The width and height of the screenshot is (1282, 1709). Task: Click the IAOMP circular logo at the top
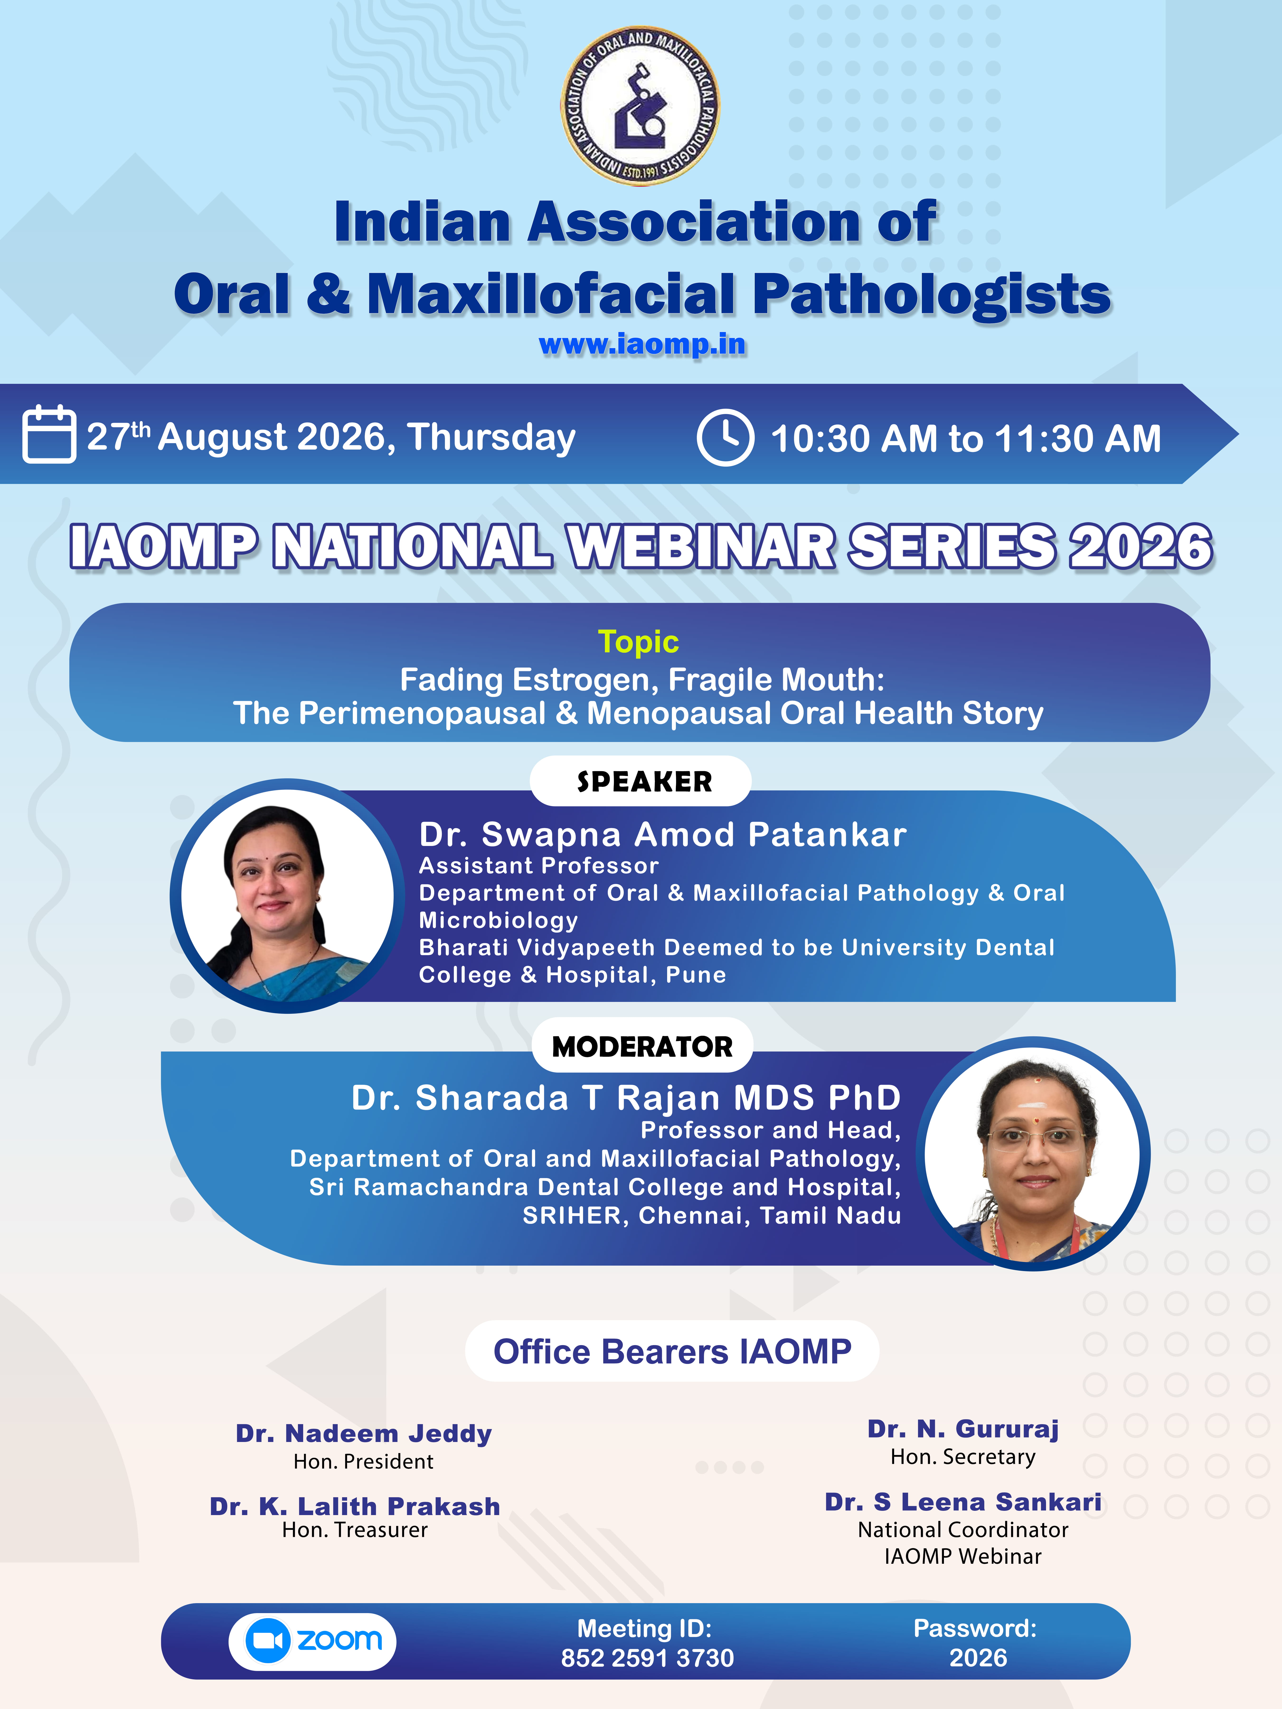pyautogui.click(x=640, y=106)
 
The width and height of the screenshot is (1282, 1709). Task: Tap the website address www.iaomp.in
pyautogui.click(x=642, y=345)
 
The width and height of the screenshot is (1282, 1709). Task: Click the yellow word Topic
pyautogui.click(x=638, y=642)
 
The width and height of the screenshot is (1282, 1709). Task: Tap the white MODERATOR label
pyautogui.click(x=642, y=1046)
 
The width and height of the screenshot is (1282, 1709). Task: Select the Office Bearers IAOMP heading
pyautogui.click(x=672, y=1351)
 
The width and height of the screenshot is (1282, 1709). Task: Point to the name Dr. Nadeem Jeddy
pyautogui.click(x=364, y=1434)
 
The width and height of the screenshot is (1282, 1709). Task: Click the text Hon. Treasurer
pyautogui.click(x=355, y=1530)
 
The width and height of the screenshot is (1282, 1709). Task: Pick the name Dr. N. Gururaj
pyautogui.click(x=963, y=1429)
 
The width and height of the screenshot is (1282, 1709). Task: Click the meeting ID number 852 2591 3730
pyautogui.click(x=648, y=1658)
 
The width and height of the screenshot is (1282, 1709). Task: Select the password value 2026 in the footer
pyautogui.click(x=978, y=1658)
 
